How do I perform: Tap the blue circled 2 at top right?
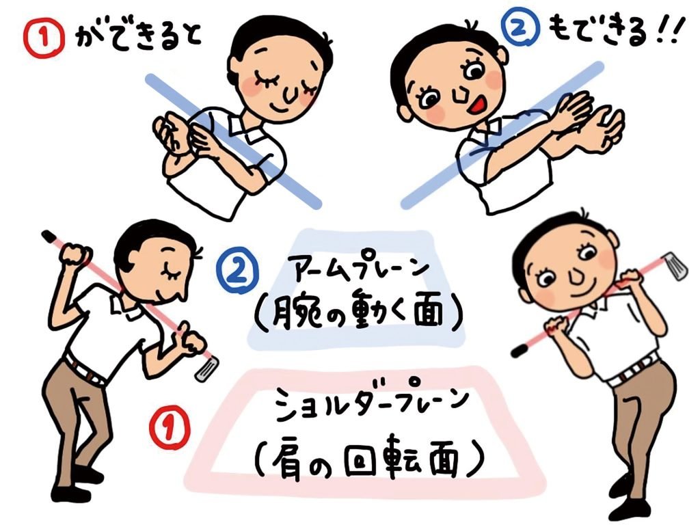tap(520, 27)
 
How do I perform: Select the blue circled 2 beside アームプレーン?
tap(237, 270)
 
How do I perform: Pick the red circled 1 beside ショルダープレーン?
tap(170, 429)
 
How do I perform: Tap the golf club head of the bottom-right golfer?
tap(675, 266)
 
